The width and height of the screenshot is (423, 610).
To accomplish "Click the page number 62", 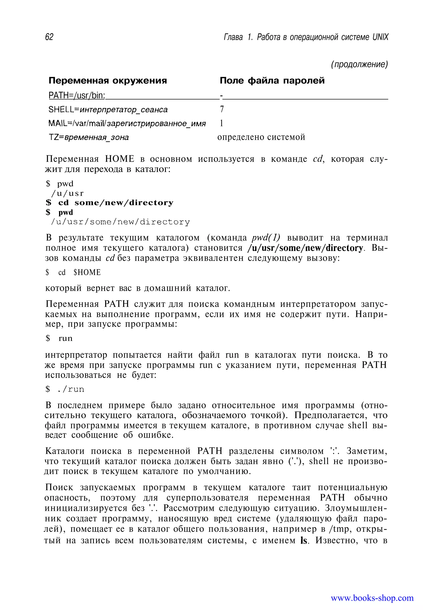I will pyautogui.click(x=49, y=37).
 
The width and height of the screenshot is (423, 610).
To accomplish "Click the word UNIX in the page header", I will pyautogui.click(x=380, y=37).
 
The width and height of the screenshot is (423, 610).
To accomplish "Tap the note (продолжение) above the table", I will pyautogui.click(x=359, y=64).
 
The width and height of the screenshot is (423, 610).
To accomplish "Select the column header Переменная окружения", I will pyautogui.click(x=108, y=81).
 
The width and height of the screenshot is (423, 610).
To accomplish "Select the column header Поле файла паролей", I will pyautogui.click(x=272, y=81).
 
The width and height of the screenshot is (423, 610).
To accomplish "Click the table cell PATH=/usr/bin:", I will pyautogui.click(x=77, y=95).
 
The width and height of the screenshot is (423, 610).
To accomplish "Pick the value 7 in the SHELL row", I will pyautogui.click(x=222, y=109).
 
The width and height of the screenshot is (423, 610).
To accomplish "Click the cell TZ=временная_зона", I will pyautogui.click(x=89, y=137).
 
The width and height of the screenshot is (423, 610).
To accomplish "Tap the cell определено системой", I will pyautogui.click(x=261, y=137).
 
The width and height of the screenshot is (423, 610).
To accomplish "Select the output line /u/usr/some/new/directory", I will pyautogui.click(x=120, y=222).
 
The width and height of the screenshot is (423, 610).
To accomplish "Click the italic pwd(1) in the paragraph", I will pyautogui.click(x=266, y=238).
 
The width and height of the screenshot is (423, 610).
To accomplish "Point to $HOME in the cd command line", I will pyautogui.click(x=87, y=272).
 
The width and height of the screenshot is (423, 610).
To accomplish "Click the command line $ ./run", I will pyautogui.click(x=65, y=389).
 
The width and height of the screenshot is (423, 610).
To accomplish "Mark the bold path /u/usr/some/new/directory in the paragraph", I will pyautogui.click(x=305, y=248).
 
